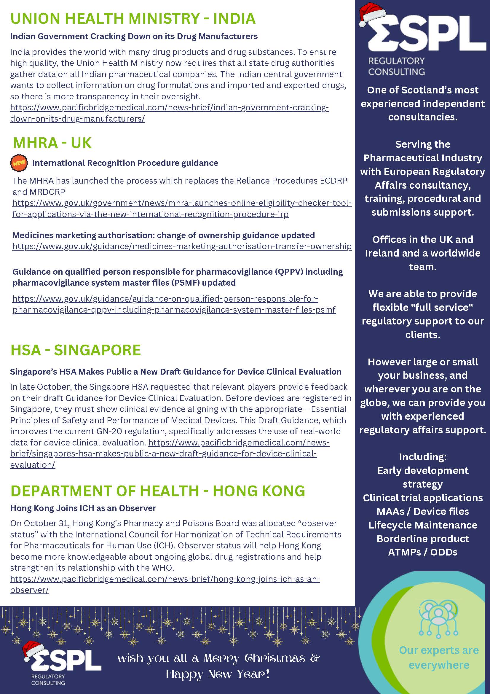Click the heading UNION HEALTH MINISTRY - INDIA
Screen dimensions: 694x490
pyautogui.click(x=133, y=19)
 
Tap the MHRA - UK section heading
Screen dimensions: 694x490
pyautogui.click(x=52, y=143)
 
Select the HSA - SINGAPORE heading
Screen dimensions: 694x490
pyautogui.click(x=76, y=350)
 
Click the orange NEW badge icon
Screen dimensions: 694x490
pyautogui.click(x=19, y=163)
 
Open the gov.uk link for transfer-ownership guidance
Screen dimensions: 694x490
pyautogui.click(x=182, y=246)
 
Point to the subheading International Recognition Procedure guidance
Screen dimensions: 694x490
pyautogui.click(x=125, y=163)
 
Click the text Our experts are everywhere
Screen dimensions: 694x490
pyautogui.click(x=439, y=657)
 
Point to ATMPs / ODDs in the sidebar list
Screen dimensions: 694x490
pyautogui.click(x=423, y=552)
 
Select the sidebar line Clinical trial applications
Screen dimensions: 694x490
pyautogui.click(x=423, y=498)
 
